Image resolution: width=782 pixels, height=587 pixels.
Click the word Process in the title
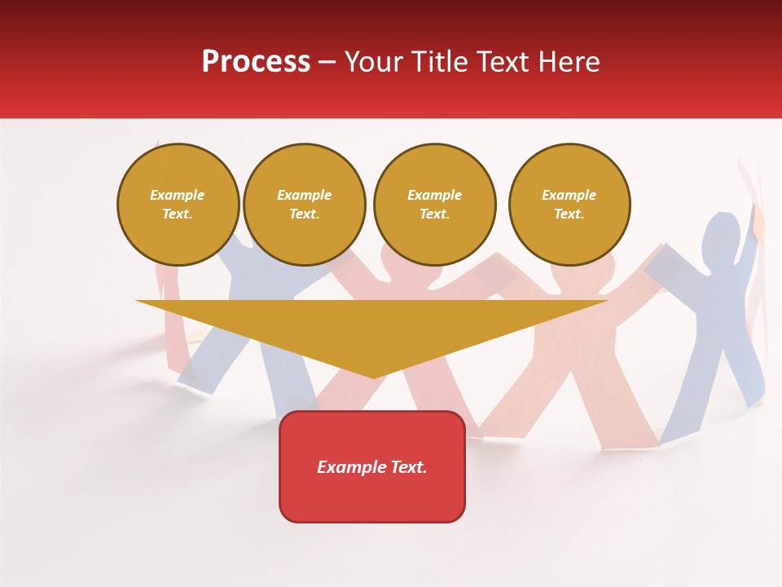pos(256,62)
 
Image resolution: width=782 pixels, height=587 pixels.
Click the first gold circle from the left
pos(178,205)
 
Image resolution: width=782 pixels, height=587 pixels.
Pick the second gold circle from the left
pos(304,205)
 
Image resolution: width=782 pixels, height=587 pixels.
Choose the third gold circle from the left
pos(434,205)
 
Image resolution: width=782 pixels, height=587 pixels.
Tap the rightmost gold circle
pos(569,205)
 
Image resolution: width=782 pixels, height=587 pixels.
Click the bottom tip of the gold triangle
pos(373,377)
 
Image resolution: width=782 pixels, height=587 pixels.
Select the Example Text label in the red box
pos(372,467)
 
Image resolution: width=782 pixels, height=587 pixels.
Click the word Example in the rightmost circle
pos(569,195)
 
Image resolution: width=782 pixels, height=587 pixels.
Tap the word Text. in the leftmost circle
pos(178,214)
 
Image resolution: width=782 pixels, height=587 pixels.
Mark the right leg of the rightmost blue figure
pos(749,367)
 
